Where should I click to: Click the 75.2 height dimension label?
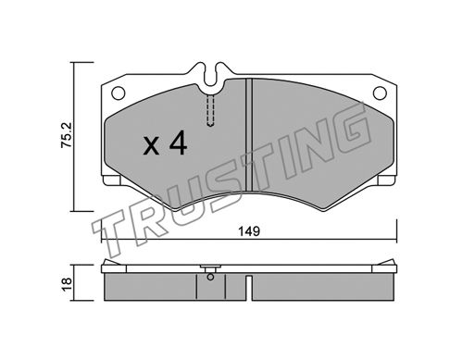67,135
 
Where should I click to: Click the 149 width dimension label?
249,231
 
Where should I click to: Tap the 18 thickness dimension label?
67,284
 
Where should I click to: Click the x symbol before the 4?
151,146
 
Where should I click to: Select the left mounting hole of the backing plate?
119,93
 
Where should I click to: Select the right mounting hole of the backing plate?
380,93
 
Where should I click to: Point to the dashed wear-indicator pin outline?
210,110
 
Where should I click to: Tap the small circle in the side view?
210,277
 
